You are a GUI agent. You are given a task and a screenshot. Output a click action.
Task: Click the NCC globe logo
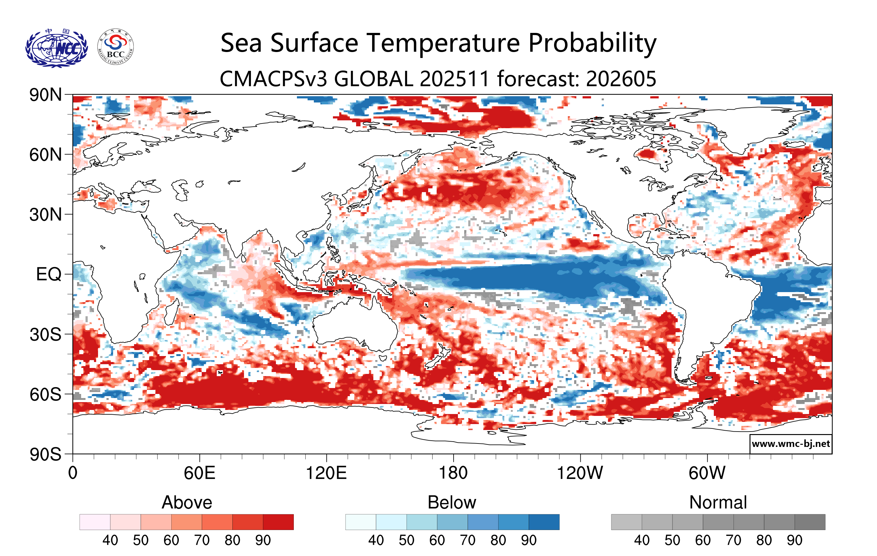[x=56, y=48]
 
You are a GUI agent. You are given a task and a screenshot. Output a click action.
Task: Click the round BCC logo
[x=116, y=47]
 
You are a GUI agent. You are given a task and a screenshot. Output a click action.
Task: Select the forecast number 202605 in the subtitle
[x=621, y=79]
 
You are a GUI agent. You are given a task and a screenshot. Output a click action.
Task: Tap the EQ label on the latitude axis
[x=49, y=274]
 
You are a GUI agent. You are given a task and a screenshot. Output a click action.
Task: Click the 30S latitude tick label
[x=45, y=334]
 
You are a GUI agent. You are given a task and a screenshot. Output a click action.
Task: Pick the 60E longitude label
[x=200, y=473]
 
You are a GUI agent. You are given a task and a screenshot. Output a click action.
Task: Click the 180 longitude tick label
[x=453, y=473]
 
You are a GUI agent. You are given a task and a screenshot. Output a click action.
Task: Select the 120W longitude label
[x=580, y=473]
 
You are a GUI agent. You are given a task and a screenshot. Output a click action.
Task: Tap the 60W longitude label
[x=707, y=473]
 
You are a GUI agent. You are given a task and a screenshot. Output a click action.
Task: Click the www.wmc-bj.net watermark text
[x=791, y=444]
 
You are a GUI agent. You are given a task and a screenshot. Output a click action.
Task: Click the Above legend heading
[x=187, y=502]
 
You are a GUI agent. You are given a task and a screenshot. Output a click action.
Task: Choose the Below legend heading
[x=452, y=502]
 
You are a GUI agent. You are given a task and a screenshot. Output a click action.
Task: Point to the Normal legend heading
[x=718, y=502]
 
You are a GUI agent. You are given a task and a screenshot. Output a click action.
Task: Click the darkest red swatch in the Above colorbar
[x=278, y=522]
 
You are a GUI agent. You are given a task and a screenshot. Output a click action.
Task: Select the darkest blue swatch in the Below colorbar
[x=544, y=522]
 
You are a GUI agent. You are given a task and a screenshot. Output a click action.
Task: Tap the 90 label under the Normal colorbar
[x=794, y=540]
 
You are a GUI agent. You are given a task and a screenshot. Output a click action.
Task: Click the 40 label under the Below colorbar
[x=376, y=540]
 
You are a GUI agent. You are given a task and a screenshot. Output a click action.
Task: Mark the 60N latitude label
[x=45, y=155]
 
